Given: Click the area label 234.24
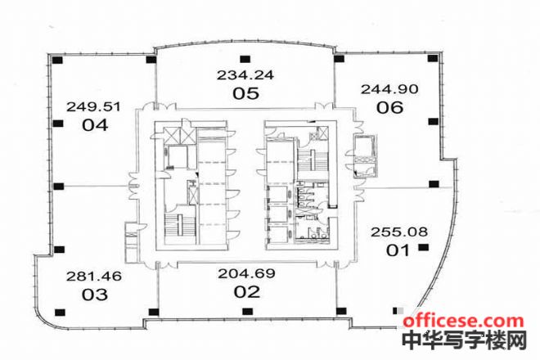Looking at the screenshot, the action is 245,74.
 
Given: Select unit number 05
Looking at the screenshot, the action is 246,93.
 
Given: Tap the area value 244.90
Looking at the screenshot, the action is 389,89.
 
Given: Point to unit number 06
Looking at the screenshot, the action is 389,107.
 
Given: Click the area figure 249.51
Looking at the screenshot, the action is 93,107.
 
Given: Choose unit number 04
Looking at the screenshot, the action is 95,125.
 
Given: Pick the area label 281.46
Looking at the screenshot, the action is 94,277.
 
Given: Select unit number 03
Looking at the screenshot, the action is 95,295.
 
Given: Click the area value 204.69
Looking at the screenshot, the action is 246,273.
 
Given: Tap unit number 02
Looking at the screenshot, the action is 247,292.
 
